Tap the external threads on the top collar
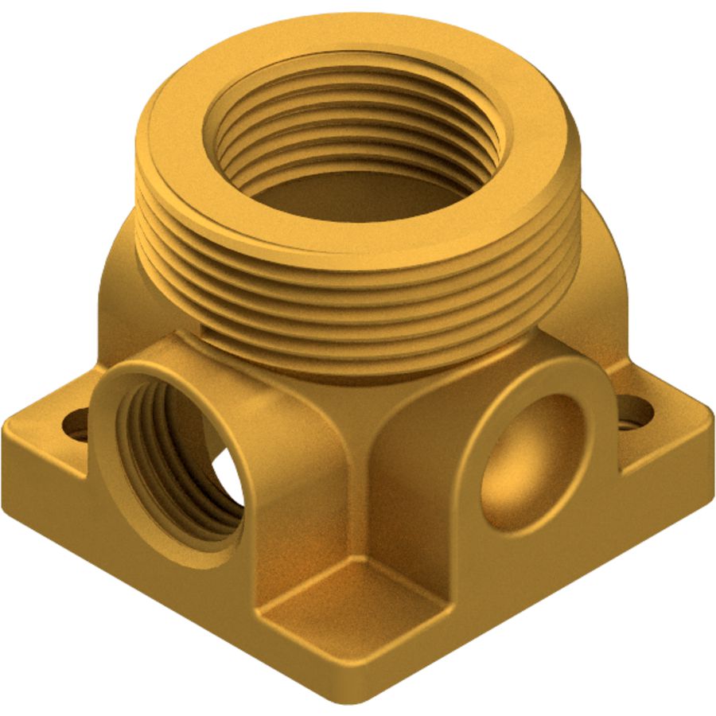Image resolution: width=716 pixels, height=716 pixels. [x=358, y=302]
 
